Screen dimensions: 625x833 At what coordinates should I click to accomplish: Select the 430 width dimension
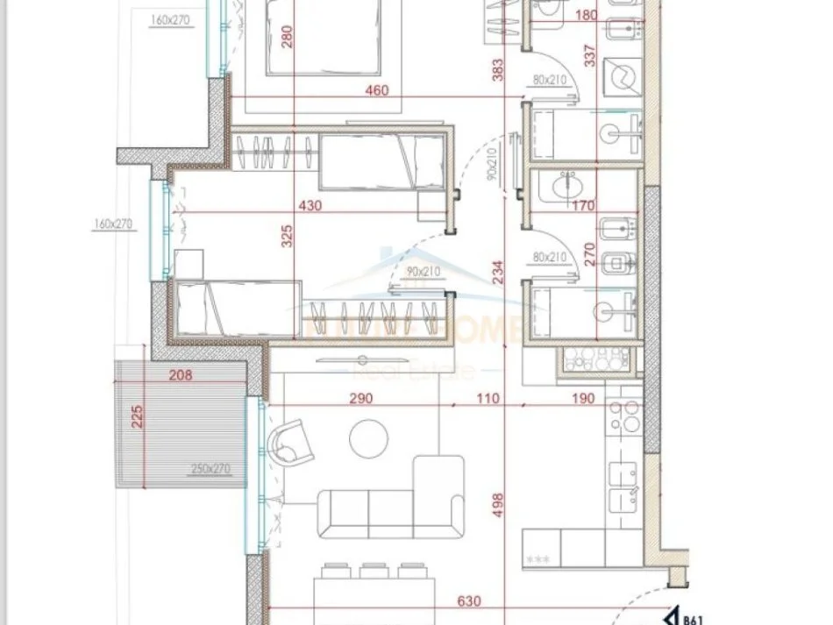pyautogui.click(x=310, y=206)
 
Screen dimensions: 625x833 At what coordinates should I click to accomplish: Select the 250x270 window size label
pyautogui.click(x=210, y=469)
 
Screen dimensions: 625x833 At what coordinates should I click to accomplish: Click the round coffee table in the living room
pyautogui.click(x=367, y=437)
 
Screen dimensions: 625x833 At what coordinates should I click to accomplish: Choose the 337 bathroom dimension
pyautogui.click(x=589, y=56)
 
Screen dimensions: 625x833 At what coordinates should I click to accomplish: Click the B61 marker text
pyautogui.click(x=693, y=615)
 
